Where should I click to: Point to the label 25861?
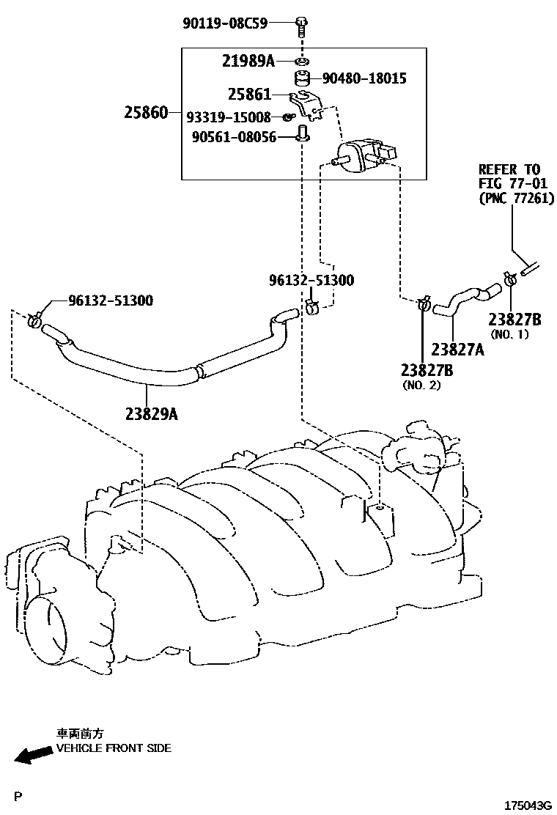tap(249, 95)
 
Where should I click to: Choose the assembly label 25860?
tap(146, 112)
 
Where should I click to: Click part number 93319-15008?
tap(228, 117)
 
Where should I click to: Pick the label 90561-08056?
tap(233, 137)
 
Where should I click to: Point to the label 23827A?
tap(457, 350)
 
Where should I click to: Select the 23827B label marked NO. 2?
tap(427, 370)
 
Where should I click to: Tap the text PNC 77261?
tap(516, 198)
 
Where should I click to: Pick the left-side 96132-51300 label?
tap(111, 300)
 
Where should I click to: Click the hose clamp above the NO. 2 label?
tap(424, 302)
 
